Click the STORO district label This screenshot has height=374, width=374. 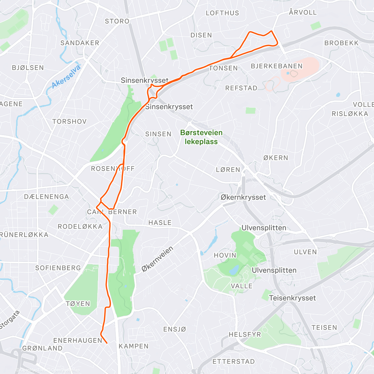(x=117, y=21)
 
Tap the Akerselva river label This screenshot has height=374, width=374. (x=66, y=76)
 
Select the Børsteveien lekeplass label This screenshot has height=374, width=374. (x=201, y=137)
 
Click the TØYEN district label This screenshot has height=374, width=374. (x=78, y=304)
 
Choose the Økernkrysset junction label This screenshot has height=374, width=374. (x=243, y=197)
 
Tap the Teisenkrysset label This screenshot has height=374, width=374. (x=292, y=298)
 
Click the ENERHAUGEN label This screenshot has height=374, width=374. (x=78, y=340)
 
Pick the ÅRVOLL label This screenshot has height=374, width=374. (x=303, y=12)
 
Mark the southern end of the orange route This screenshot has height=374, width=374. (x=107, y=343)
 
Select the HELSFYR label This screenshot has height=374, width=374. (x=245, y=334)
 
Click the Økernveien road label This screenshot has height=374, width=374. (x=157, y=259)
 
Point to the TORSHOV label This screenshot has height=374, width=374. (x=69, y=121)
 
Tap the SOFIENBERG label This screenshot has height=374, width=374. (x=58, y=268)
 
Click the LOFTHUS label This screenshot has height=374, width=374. (x=222, y=13)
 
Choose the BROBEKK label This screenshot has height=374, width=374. (x=342, y=43)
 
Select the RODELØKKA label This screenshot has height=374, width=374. (x=80, y=227)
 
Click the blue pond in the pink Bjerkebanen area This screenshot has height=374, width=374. (x=287, y=74)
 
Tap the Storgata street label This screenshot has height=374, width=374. (x=9, y=319)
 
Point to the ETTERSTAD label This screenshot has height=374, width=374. (x=233, y=362)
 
